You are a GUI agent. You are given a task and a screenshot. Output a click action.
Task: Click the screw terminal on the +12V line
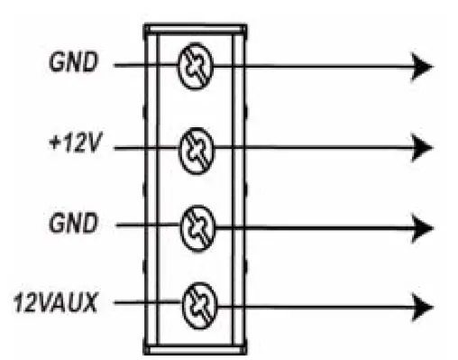click(194, 144)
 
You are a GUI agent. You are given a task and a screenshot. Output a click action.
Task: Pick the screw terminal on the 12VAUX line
click(194, 302)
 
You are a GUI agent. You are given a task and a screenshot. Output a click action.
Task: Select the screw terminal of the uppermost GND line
click(194, 65)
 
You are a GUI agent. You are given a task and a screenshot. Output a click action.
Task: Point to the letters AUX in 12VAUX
click(81, 301)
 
